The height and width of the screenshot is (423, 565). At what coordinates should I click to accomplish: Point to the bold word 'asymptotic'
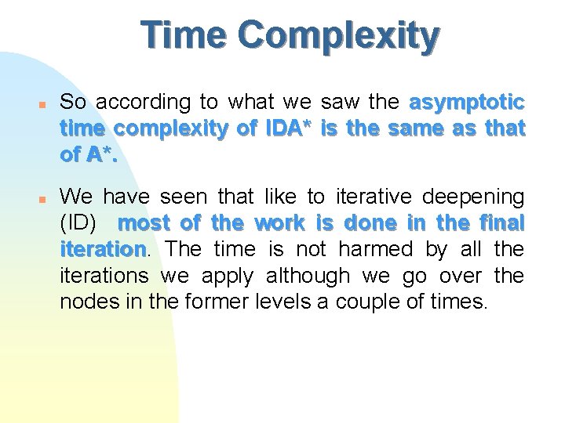point(467,103)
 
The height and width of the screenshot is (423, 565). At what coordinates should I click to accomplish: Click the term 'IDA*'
point(290,128)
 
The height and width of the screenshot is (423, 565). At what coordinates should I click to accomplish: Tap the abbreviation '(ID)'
point(78,222)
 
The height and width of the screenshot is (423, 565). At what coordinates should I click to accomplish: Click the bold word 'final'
point(501,222)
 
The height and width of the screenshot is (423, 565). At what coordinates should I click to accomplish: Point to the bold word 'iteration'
point(102,249)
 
